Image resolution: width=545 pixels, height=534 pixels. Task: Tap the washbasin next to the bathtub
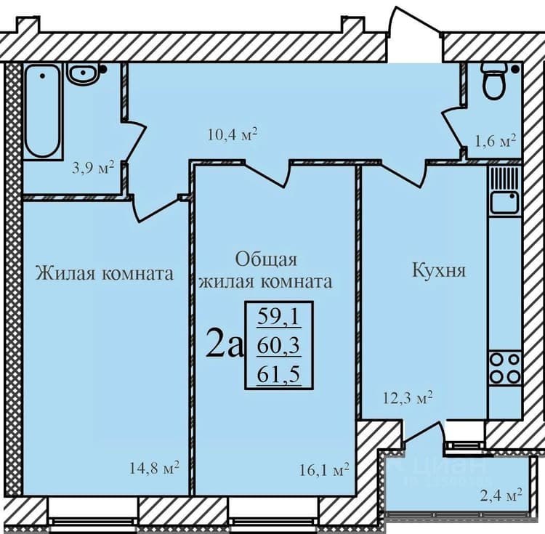[x=83, y=73]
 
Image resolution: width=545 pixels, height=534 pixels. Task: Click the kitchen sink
[x=504, y=202]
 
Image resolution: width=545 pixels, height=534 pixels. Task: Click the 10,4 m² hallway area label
[x=233, y=134]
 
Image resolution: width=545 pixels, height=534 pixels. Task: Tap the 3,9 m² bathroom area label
[x=93, y=169]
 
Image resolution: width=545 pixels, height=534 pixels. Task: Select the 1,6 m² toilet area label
[x=495, y=142]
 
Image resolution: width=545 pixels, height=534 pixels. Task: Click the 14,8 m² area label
[x=154, y=468]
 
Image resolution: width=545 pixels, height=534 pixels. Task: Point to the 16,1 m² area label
[x=324, y=470]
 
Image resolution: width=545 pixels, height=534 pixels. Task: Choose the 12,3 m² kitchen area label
[x=408, y=398]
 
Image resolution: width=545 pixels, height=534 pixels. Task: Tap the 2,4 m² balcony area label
[x=501, y=495]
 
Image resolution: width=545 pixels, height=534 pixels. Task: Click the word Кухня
[x=439, y=270]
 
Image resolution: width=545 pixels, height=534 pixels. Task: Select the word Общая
[x=266, y=259]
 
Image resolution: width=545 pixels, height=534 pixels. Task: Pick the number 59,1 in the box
[x=278, y=317]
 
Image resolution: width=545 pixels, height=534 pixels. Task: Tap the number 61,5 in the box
[x=278, y=375]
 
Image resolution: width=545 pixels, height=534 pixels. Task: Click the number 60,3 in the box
[x=278, y=346]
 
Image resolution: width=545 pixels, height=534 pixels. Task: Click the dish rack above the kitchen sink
[x=504, y=178]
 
